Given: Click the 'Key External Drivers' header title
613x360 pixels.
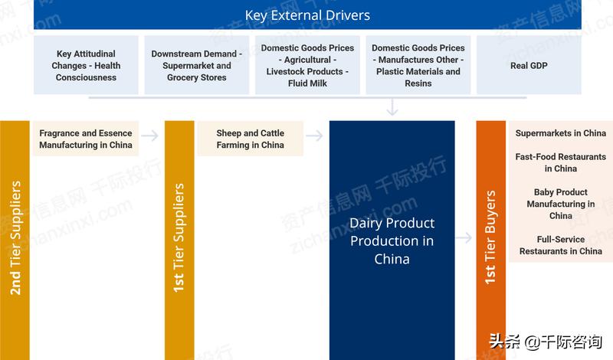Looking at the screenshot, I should (x=307, y=15).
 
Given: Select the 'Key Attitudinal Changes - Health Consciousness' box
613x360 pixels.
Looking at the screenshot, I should (x=87, y=66).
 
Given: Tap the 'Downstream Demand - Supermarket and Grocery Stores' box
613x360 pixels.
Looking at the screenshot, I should (x=197, y=66).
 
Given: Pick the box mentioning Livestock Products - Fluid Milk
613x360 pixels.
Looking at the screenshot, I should (x=307, y=66).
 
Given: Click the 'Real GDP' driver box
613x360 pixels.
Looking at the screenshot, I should (x=529, y=66).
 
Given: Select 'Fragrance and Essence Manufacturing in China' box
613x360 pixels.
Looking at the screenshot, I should (x=86, y=139).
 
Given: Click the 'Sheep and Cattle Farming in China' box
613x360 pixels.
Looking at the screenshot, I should (x=250, y=139).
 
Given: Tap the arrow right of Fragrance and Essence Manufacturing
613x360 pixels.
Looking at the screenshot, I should (x=150, y=136).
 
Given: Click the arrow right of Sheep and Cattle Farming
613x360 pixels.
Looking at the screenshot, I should (x=314, y=136).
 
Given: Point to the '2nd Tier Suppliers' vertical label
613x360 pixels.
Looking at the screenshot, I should (x=15, y=238).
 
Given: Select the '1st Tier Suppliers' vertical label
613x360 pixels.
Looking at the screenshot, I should (x=179, y=238).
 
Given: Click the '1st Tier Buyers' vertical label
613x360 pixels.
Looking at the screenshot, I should (x=491, y=238).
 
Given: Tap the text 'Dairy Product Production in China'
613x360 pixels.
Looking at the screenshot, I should (x=392, y=241).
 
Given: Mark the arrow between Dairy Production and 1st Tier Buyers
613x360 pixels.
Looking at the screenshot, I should (x=464, y=238).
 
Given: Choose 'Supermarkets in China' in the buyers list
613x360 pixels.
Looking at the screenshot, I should (x=561, y=133).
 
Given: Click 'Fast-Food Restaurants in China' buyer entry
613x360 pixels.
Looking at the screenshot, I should (x=561, y=162).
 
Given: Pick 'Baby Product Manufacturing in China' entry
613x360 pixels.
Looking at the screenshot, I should (x=561, y=204).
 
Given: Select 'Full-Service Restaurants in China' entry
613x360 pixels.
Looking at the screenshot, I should (x=561, y=245).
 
